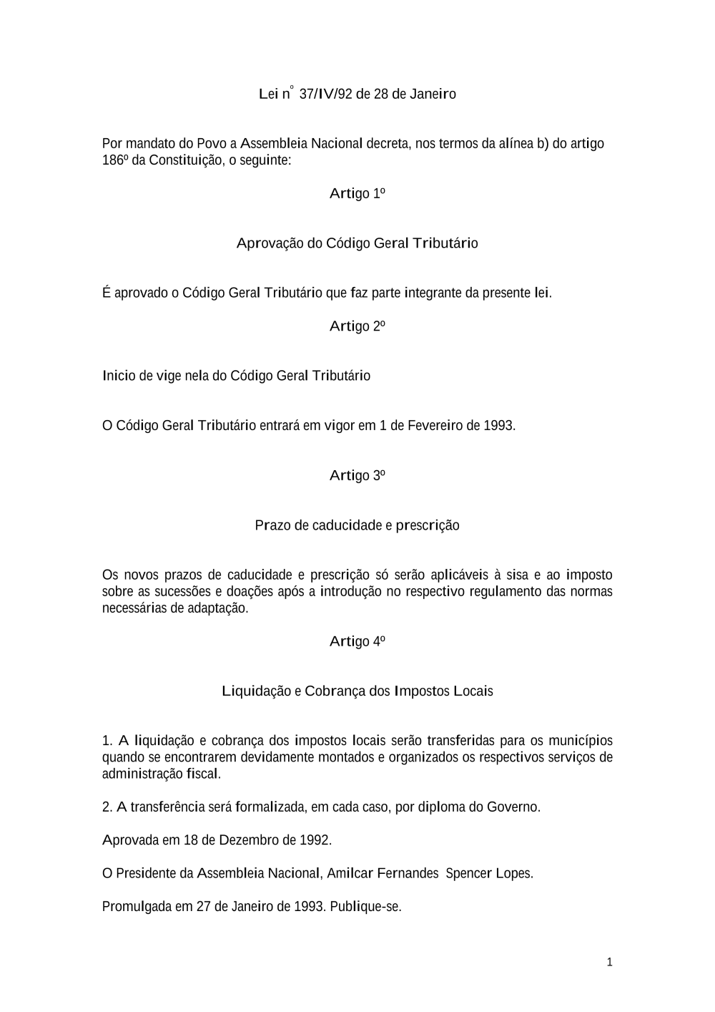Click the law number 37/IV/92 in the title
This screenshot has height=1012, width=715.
pyautogui.click(x=325, y=94)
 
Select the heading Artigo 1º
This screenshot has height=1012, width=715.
pyautogui.click(x=357, y=194)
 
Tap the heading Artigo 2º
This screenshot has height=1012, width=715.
pyautogui.click(x=357, y=327)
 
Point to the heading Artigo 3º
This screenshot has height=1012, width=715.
pyautogui.click(x=357, y=476)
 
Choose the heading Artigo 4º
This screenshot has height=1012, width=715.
pyautogui.click(x=357, y=642)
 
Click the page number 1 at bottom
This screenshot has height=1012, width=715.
pyautogui.click(x=609, y=963)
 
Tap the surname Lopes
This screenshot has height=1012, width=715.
pyautogui.click(x=514, y=874)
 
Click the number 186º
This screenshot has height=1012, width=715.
pyautogui.click(x=115, y=160)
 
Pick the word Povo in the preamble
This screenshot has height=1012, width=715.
pyautogui.click(x=212, y=144)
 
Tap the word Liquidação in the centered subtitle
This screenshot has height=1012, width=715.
pyautogui.click(x=257, y=692)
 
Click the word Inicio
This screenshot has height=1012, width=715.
pyautogui.click(x=119, y=376)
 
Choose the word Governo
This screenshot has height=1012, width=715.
pyautogui.click(x=513, y=807)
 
